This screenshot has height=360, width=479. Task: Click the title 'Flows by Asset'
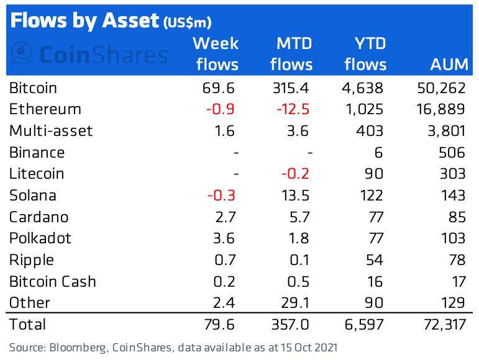click(84, 20)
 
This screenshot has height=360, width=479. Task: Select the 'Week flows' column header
click(216, 54)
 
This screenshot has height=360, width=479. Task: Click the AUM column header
click(447, 65)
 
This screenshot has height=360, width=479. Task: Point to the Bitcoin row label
click(33, 88)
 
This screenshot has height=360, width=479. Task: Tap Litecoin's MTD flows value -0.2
click(296, 174)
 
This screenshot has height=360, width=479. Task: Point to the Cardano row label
click(39, 217)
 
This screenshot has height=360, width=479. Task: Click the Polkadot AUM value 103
click(451, 238)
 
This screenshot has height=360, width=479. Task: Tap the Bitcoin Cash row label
click(52, 282)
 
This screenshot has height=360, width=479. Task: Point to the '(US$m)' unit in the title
click(188, 23)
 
